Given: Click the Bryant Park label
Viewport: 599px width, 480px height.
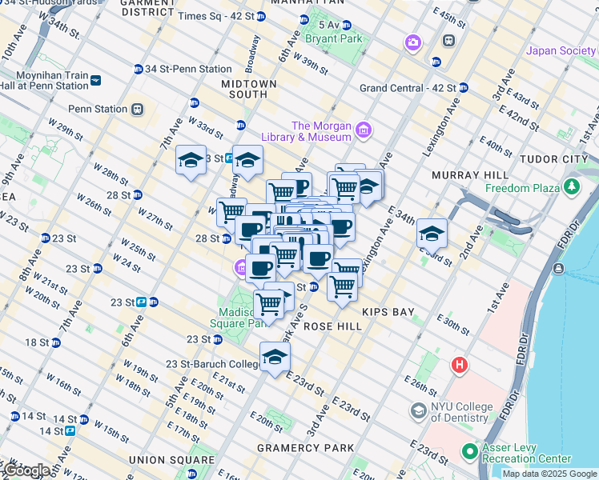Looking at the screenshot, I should [333, 38].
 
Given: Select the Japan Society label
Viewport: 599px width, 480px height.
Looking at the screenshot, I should [561, 51].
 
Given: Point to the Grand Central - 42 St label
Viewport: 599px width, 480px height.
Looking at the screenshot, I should [408, 88].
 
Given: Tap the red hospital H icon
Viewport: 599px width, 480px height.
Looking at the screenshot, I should [460, 366].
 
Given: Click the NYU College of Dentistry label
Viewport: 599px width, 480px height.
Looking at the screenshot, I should [460, 412].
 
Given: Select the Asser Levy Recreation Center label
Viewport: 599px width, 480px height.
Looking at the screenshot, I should [527, 453].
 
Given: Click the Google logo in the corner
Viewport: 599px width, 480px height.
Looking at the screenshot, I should [26, 470].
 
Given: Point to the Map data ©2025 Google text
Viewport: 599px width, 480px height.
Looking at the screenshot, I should [549, 474].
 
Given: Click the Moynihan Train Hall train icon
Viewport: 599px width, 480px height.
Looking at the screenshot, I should [95, 80].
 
